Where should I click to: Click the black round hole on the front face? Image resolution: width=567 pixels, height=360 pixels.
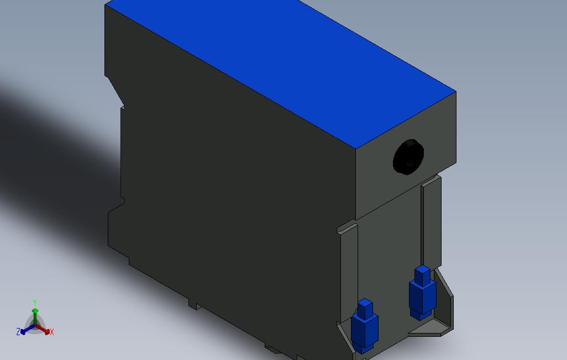click(407, 157)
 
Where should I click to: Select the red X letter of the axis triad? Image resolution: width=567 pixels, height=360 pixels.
click(52, 332)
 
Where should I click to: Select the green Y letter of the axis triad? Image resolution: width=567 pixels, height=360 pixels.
click(35, 303)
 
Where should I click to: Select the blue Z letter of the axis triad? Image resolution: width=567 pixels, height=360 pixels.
click(18, 332)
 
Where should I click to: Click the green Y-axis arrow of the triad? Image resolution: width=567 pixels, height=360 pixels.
click(35, 315)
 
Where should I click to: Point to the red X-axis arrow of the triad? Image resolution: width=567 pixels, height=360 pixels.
click(44, 330)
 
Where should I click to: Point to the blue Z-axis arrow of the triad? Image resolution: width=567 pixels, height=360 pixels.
click(25, 331)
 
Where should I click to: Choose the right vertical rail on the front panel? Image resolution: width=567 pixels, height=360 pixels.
click(431, 221)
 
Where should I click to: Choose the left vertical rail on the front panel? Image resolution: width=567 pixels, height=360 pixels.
click(349, 265)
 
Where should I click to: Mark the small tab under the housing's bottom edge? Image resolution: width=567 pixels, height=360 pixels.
click(193, 304)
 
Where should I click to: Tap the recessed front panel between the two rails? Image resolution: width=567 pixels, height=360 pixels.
click(390, 248)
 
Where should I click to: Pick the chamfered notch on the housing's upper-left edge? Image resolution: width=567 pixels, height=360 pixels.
click(115, 91)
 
